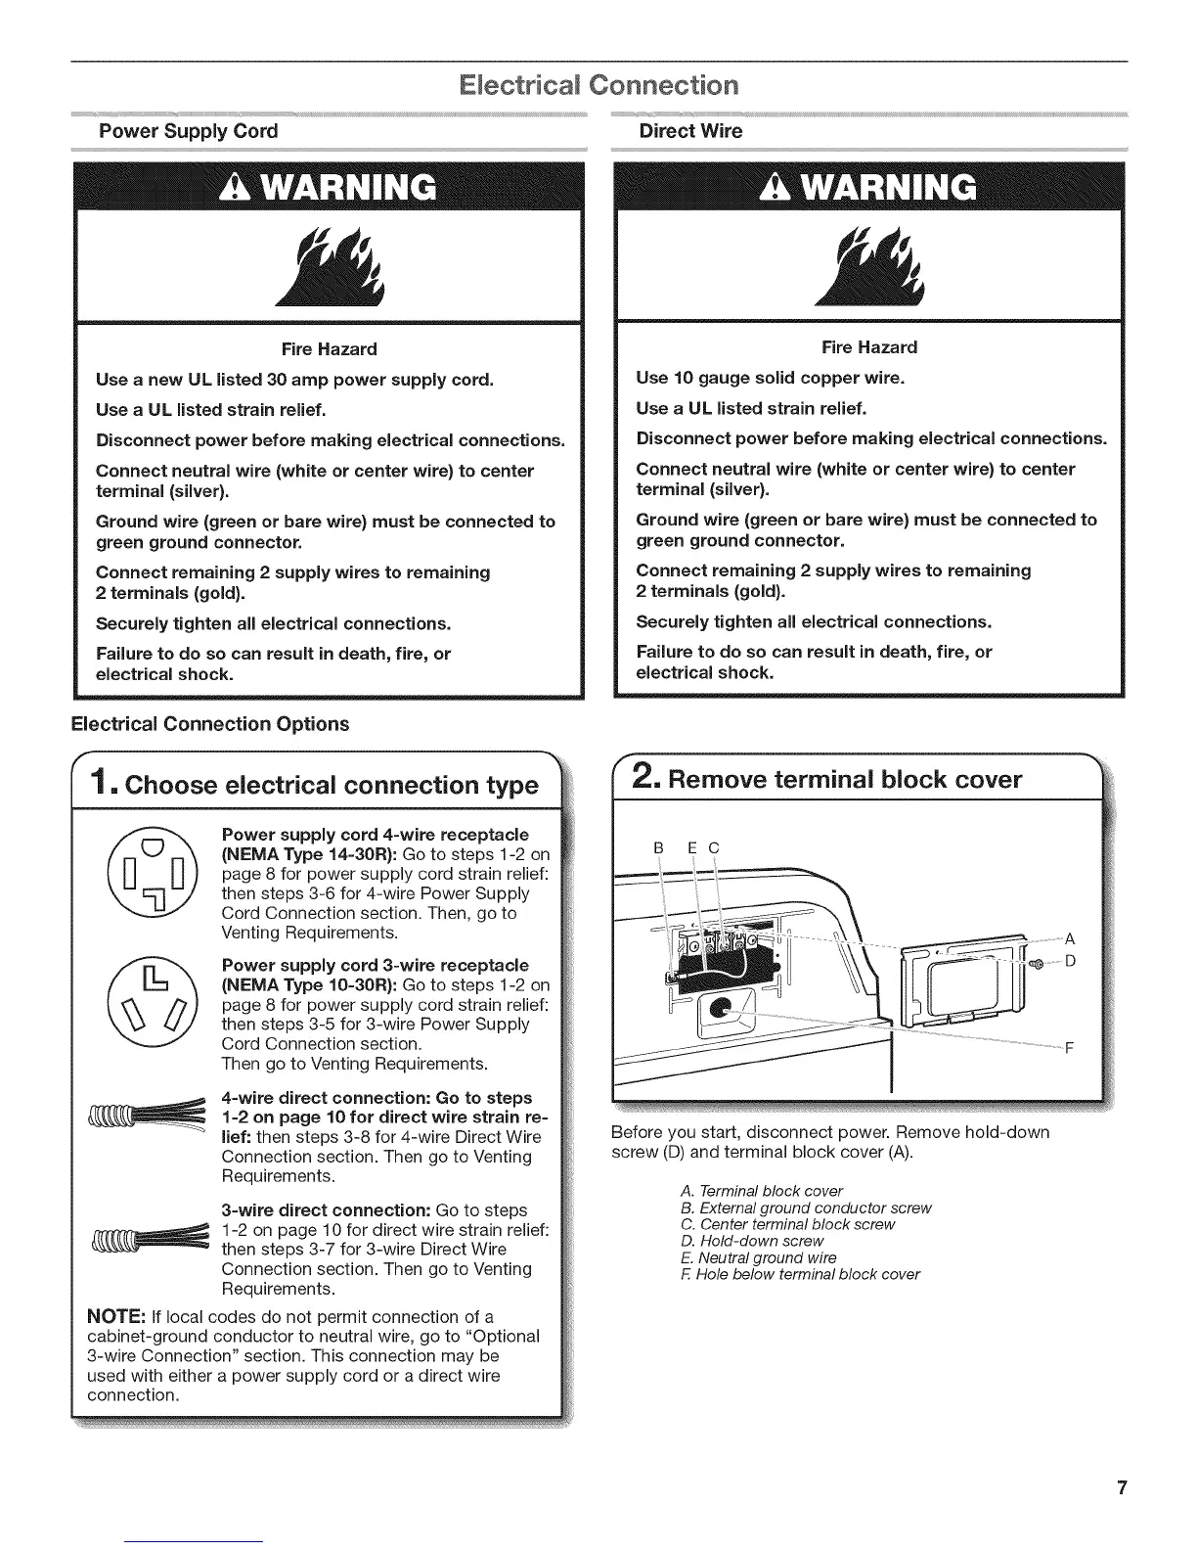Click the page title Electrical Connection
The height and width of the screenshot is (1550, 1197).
click(598, 85)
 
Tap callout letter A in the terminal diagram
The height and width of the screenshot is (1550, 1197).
click(1070, 938)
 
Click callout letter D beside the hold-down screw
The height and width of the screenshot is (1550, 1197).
click(1070, 961)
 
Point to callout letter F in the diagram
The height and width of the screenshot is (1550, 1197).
click(1070, 1048)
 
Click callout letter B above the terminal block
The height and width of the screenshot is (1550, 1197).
click(658, 846)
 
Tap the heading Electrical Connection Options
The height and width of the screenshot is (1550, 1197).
click(209, 724)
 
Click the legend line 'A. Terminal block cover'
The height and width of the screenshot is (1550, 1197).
click(761, 1191)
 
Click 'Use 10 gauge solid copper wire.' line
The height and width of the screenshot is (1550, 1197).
click(770, 378)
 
